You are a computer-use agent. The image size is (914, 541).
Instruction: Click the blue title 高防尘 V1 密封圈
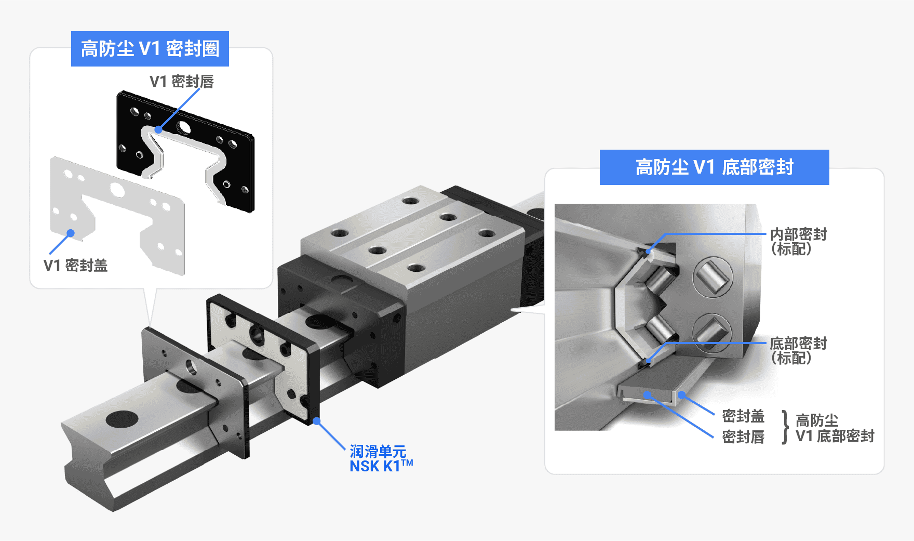(150, 49)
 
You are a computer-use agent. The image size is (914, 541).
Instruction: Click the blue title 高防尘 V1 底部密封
(715, 167)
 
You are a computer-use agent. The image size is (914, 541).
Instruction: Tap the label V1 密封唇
(182, 82)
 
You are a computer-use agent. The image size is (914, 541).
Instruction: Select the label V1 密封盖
(76, 266)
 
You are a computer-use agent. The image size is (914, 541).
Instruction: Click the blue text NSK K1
(381, 466)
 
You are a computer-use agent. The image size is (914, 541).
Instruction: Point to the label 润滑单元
(378, 451)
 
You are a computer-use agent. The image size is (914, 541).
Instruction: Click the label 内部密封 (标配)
(799, 242)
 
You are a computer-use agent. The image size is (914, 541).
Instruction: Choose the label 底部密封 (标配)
(799, 351)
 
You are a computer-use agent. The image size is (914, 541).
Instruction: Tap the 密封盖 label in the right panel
(743, 416)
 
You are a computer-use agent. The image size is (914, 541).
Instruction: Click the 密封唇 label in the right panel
(743, 437)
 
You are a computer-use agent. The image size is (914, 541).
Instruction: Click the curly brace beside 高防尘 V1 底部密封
(785, 427)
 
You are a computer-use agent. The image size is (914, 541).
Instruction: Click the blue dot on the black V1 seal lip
(158, 129)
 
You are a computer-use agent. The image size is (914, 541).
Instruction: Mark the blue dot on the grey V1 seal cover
(71, 233)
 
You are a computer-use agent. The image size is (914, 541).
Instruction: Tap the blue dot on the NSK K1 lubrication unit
(316, 421)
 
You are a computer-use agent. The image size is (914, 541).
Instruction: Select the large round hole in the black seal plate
(183, 127)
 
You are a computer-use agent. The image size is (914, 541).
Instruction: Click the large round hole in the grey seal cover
(117, 191)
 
